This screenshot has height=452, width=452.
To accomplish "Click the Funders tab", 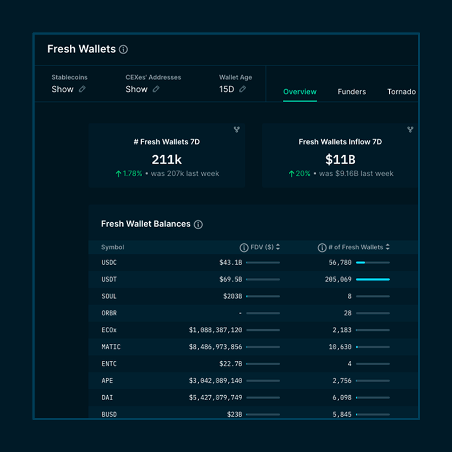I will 351,92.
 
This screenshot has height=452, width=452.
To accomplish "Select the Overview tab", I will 300,92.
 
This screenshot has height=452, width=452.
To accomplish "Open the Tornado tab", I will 401,92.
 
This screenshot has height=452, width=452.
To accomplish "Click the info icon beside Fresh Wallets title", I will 123,50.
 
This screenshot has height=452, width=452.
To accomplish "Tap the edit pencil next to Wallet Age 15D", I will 243,89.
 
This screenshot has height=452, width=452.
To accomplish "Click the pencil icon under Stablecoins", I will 82,89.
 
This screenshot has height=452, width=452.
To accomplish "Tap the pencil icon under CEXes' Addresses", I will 156,89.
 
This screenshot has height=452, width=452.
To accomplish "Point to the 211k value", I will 167,159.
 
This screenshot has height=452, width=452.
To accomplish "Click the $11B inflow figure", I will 340,159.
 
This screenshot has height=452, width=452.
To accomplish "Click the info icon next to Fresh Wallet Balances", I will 198,224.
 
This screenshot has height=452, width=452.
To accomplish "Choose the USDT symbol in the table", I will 109,280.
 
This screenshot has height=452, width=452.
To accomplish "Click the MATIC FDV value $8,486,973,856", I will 216,347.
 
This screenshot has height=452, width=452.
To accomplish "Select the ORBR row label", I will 109,313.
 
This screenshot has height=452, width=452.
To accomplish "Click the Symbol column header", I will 112,247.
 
